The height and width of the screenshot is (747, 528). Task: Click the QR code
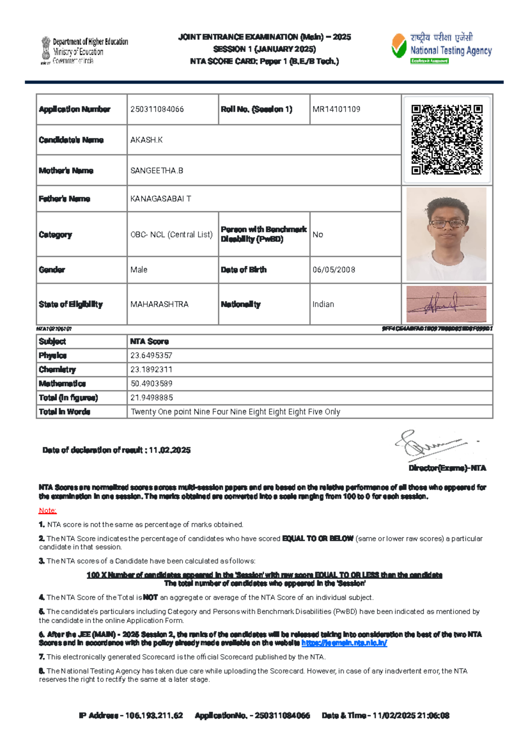pos(447,140)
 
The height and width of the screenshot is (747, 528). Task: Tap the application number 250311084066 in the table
pos(157,109)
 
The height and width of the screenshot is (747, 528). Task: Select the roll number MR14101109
pos(336,109)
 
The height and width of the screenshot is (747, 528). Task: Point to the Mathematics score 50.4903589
pos(151,383)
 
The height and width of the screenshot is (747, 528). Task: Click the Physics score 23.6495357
pos(151,355)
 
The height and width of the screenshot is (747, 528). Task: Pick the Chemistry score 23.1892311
pos(151,369)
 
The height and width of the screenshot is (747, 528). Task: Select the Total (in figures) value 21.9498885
pos(151,397)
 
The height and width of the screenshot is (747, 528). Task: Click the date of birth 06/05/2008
pos(334,270)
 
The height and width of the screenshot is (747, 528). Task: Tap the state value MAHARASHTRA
pos(159,304)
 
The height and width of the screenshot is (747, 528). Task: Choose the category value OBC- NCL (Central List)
pos(172,235)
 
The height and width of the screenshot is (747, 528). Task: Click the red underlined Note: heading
pos(48,511)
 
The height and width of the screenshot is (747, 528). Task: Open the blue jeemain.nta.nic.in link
pos(344,643)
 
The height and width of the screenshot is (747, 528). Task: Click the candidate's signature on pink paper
pos(446,304)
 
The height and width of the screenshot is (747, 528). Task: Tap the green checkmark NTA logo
pos(399,47)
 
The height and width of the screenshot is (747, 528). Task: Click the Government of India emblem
pos(46,51)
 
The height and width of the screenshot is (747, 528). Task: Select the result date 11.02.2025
pos(170,450)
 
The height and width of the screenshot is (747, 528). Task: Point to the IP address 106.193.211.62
pos(154,716)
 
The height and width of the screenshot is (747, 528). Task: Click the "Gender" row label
pos(52,270)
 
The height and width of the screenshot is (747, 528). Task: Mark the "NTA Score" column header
pos(149,342)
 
